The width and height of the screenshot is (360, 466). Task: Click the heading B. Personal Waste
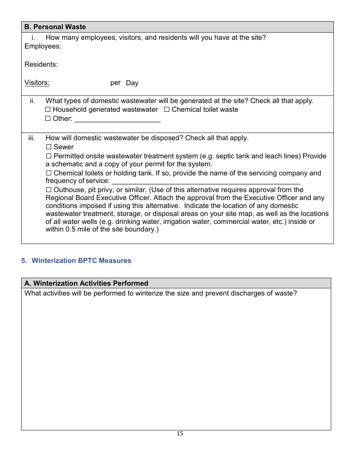point(55,27)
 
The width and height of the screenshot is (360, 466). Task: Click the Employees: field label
point(43,46)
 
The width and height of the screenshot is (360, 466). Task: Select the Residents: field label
point(41,64)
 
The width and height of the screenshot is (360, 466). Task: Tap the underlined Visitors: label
point(37,83)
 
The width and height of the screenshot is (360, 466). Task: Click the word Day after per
point(132,83)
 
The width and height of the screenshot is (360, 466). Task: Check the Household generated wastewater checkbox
point(48,109)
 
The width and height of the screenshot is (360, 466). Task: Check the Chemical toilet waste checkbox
point(167,109)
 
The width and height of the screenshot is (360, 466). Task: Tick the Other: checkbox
point(48,119)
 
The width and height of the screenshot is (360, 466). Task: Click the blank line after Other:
point(117,119)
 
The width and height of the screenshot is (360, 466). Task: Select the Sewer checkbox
point(49,147)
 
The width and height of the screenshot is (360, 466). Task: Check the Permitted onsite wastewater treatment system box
point(49,156)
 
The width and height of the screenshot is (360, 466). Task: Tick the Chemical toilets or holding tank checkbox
point(49,173)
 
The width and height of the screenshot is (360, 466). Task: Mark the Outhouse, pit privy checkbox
point(49,190)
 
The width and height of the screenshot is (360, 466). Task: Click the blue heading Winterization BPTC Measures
point(81,261)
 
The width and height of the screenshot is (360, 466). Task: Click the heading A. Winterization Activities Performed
point(86,283)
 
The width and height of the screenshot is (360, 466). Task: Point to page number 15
point(180,433)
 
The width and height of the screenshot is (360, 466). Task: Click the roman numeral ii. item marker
point(33,101)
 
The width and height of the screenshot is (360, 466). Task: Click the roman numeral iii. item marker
point(32,138)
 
